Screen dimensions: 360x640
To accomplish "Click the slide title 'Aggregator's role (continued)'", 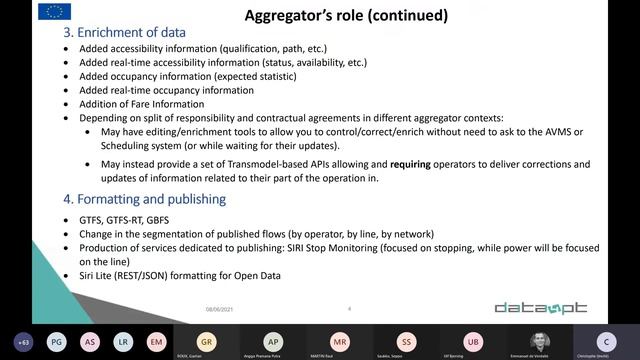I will click(346, 16).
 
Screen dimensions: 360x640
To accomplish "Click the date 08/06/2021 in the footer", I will click(219, 308).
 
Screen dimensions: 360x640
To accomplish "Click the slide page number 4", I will click(349, 308).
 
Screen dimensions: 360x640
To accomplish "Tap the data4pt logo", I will click(541, 308).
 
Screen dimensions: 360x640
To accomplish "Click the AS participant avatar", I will click(90, 341).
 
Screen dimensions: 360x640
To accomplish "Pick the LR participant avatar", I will click(123, 341).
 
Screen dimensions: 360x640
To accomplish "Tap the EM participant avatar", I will click(156, 341).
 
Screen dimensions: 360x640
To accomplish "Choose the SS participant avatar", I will click(406, 340).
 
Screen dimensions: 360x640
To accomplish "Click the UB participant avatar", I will click(473, 340).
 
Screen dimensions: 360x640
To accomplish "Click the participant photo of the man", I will click(540, 340).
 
